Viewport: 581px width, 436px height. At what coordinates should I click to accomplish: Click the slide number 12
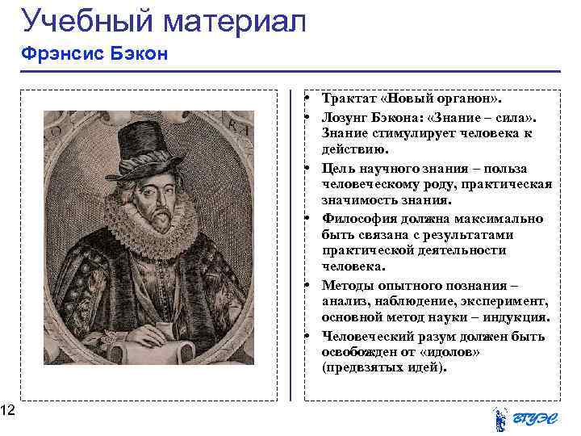click(7, 412)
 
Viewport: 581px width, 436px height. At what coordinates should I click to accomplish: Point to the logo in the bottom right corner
click(525, 418)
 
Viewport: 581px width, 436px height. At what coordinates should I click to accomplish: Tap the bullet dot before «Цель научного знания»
click(309, 169)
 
